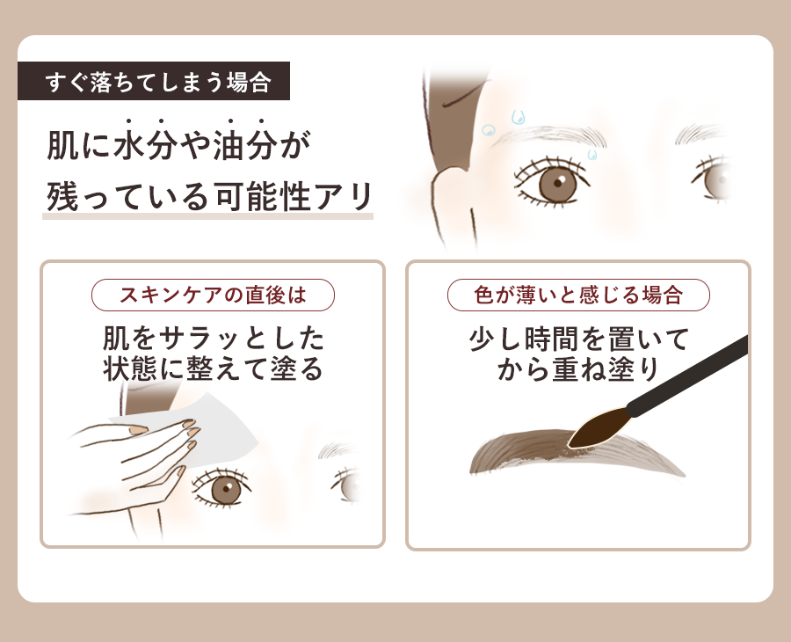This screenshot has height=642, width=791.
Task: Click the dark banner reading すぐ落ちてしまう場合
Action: (x=154, y=81)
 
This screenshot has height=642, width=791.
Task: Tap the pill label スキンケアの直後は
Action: (x=213, y=295)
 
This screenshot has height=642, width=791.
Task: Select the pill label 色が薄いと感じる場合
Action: (x=578, y=295)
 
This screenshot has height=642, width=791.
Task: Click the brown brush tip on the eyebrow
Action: (x=597, y=428)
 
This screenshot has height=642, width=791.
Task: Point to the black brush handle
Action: (x=687, y=376)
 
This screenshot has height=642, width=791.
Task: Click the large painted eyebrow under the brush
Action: (x=575, y=453)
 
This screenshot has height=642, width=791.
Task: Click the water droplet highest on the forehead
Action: (x=518, y=118)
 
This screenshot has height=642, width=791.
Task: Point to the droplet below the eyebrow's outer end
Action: (x=592, y=154)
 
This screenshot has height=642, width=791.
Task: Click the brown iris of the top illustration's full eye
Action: (x=557, y=182)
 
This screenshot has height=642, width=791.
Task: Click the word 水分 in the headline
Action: (x=145, y=145)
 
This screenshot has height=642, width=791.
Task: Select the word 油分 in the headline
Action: (x=244, y=145)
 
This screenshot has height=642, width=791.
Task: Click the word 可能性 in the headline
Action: (x=262, y=196)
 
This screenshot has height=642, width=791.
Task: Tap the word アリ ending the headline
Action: (x=344, y=196)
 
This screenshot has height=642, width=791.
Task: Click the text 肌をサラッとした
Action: (x=213, y=339)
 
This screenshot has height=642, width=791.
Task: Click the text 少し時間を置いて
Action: (x=578, y=339)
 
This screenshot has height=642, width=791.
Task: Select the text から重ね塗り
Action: (x=578, y=369)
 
